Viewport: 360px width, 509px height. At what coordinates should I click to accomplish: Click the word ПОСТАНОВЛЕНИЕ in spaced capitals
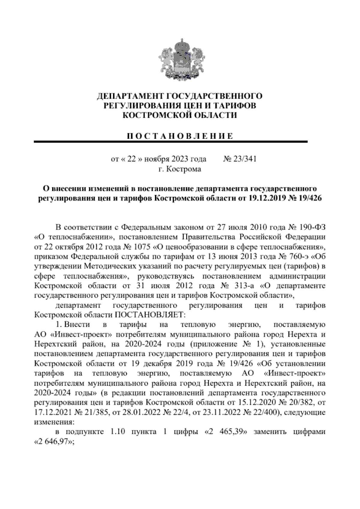pos(179,136)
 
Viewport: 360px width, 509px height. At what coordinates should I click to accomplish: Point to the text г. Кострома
pos(180,169)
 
